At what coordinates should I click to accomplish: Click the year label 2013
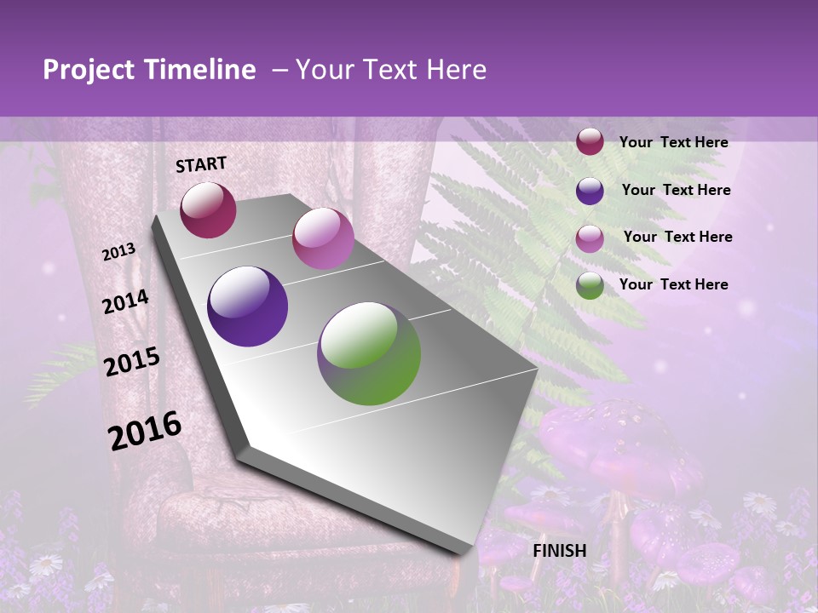118,252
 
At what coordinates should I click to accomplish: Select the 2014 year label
125,302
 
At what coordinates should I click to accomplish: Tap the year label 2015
132,361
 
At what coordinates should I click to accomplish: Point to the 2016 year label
145,431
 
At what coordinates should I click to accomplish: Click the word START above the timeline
201,164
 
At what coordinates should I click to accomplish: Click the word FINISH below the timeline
559,551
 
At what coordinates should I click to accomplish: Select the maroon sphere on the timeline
208,210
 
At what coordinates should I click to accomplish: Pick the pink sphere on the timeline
323,238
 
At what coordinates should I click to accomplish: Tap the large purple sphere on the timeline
248,306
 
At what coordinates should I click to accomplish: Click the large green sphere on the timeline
369,353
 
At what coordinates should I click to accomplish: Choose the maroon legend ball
590,142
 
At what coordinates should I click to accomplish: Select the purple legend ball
590,191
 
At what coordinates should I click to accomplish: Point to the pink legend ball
590,238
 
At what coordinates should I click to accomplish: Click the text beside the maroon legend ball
673,142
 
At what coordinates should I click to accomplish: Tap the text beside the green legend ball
673,284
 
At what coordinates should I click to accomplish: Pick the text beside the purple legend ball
676,190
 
